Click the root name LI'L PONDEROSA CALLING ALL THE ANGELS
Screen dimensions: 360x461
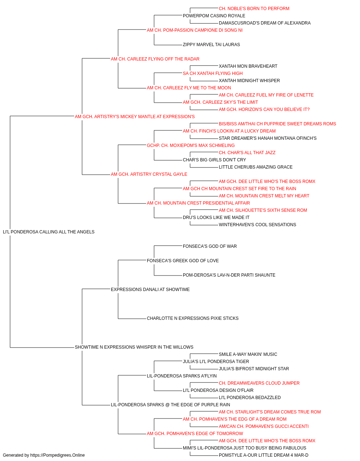click(49, 232)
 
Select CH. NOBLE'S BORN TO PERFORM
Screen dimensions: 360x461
click(254, 9)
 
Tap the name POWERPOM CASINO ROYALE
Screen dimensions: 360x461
click(214, 16)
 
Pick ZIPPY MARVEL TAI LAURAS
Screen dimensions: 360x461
click(211, 45)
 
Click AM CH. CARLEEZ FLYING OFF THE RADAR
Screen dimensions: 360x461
click(155, 59)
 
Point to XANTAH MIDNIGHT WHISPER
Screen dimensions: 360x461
click(249, 81)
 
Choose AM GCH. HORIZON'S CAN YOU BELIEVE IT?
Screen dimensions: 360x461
click(264, 109)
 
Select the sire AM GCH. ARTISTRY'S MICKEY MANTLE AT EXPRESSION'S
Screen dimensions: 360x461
click(135, 117)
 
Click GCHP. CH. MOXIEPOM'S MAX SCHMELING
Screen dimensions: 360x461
click(190, 146)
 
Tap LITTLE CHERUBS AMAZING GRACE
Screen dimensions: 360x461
click(256, 167)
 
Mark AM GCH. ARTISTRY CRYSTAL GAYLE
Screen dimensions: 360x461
click(149, 174)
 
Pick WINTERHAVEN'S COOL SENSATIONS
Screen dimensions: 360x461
click(257, 225)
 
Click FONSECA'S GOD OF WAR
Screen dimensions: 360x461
click(210, 246)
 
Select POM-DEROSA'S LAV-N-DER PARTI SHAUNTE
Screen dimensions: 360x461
click(229, 275)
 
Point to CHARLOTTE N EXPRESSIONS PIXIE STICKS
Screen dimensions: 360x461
click(193, 318)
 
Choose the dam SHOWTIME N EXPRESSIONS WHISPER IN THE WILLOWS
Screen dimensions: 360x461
click(134, 347)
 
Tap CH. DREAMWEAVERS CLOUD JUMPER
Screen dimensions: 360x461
click(259, 383)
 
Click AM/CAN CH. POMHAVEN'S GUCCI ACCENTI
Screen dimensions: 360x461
click(264, 427)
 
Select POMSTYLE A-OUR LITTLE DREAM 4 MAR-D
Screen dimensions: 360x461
click(264, 456)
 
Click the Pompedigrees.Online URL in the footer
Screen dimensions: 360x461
click(58, 456)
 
